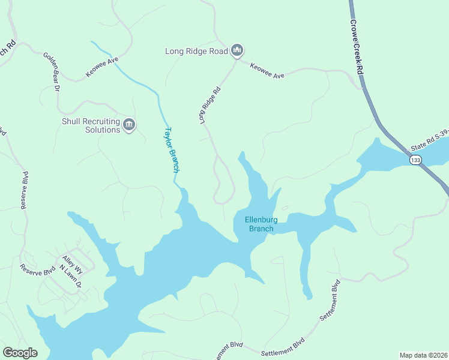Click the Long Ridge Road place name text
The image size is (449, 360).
[196, 52]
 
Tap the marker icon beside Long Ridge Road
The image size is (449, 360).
[237, 51]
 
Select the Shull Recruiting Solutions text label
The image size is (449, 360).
[91, 125]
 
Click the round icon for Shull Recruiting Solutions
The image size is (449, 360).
[129, 125]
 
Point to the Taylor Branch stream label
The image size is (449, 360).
[172, 149]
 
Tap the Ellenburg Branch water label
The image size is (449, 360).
[259, 224]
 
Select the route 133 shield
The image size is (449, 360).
[415, 160]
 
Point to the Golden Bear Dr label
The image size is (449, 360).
[52, 71]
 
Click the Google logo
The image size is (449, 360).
[20, 352]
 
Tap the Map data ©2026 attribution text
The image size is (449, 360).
[423, 355]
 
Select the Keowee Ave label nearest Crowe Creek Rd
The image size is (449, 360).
[267, 71]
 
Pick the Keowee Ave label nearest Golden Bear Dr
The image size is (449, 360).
[102, 67]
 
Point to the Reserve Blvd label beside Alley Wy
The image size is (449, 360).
[37, 270]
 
